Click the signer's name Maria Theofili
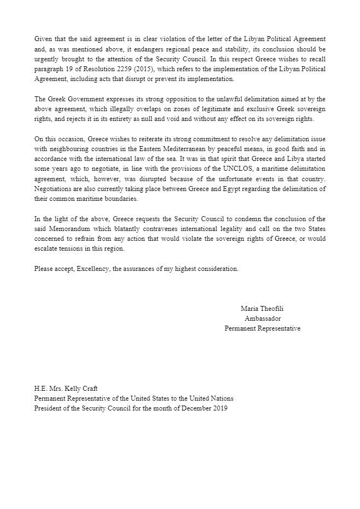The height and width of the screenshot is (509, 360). point(263,309)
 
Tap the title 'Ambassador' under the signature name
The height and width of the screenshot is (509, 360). point(263,319)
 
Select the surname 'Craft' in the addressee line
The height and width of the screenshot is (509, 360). point(89,389)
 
